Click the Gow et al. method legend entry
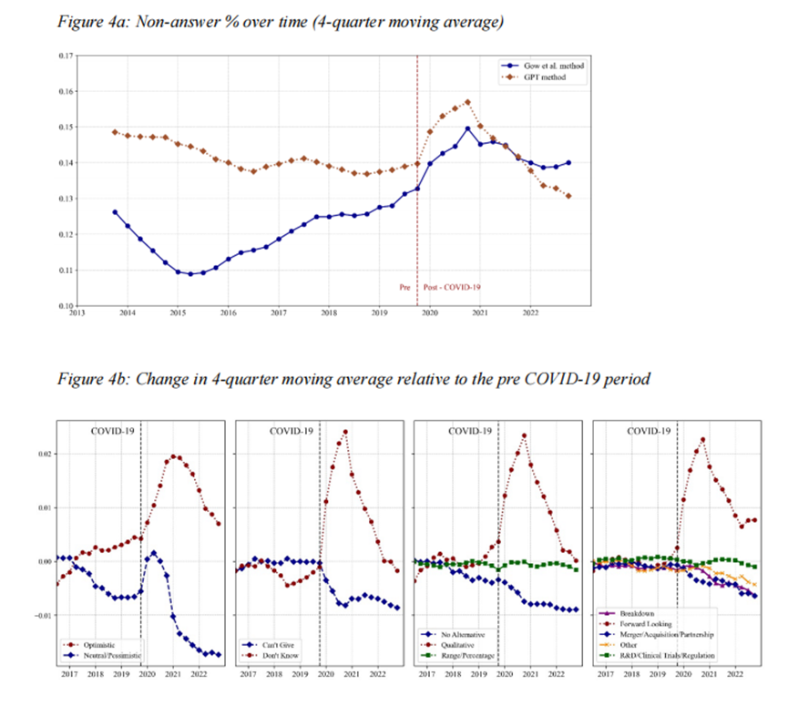pyautogui.click(x=546, y=67)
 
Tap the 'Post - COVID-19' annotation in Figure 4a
pyautogui.click(x=451, y=287)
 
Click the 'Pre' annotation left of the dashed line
pyautogui.click(x=405, y=287)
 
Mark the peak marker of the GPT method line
pyautogui.click(x=467, y=102)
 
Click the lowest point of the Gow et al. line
pyautogui.click(x=190, y=273)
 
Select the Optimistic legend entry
pyautogui.click(x=98, y=644)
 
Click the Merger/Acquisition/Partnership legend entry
pyautogui.click(x=669, y=634)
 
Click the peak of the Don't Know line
pyautogui.click(x=345, y=432)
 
